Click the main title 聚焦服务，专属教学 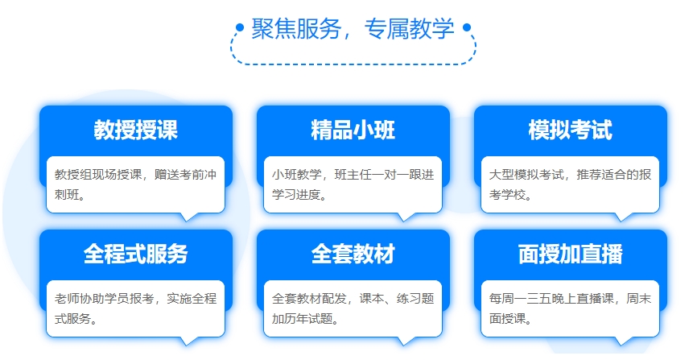(x=353, y=29)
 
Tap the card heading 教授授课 (x=136, y=130)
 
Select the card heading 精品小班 (x=353, y=130)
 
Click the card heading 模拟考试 (x=570, y=130)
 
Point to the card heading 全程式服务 (x=136, y=254)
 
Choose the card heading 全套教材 (x=353, y=254)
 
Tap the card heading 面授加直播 (x=570, y=254)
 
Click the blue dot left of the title (x=240, y=27)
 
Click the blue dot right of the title (x=466, y=27)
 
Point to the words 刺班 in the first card (x=67, y=195)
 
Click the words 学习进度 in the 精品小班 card (x=296, y=195)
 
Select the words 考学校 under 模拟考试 (x=507, y=195)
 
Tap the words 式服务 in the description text (x=73, y=318)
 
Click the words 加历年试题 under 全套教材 (x=303, y=318)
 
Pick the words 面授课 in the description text (x=507, y=318)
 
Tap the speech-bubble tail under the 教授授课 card (x=188, y=217)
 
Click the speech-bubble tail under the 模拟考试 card (x=623, y=217)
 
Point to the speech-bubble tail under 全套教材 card (x=406, y=341)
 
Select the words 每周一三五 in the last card (x=520, y=299)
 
